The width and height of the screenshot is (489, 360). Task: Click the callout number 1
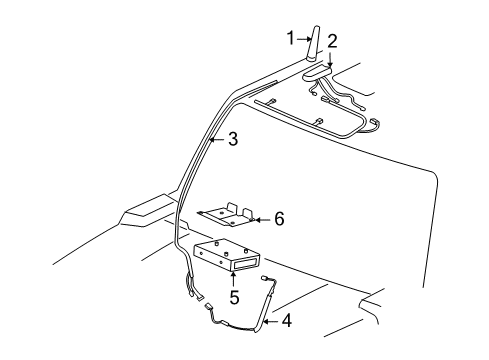pyautogui.click(x=290, y=39)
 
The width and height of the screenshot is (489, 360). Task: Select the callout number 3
pyautogui.click(x=232, y=140)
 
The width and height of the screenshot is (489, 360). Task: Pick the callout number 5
pyautogui.click(x=234, y=296)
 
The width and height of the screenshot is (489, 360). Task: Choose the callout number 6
pyautogui.click(x=279, y=216)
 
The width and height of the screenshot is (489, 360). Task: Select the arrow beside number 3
pyautogui.click(x=216, y=140)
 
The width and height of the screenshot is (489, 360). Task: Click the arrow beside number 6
pyautogui.click(x=262, y=216)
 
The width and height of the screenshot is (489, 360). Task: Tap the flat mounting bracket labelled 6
pyautogui.click(x=224, y=215)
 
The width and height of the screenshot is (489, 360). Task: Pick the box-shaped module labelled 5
pyautogui.click(x=222, y=256)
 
